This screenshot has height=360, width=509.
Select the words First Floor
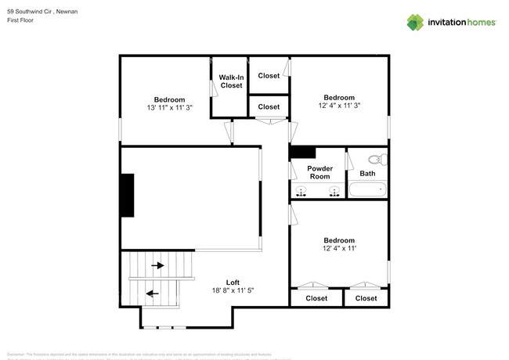[x=21, y=21]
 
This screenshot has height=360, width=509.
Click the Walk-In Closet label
[x=230, y=81]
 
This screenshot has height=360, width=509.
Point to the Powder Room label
[x=319, y=172]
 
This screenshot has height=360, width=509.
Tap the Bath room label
[x=367, y=173]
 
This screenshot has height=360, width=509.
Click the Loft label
[x=233, y=283]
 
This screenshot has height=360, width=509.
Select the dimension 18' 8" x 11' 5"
[x=233, y=291]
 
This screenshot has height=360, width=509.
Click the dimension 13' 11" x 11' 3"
[x=169, y=108]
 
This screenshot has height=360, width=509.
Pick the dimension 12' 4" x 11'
[x=338, y=249]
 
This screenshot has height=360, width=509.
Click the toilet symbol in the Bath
[x=374, y=160]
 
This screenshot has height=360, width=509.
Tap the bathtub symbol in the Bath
[x=367, y=189]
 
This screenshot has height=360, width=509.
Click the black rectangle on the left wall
[x=126, y=196]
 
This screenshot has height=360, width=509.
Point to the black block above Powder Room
[x=302, y=153]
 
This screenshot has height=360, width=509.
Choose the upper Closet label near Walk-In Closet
[x=269, y=76]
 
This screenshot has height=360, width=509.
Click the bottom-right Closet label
[x=366, y=298]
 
